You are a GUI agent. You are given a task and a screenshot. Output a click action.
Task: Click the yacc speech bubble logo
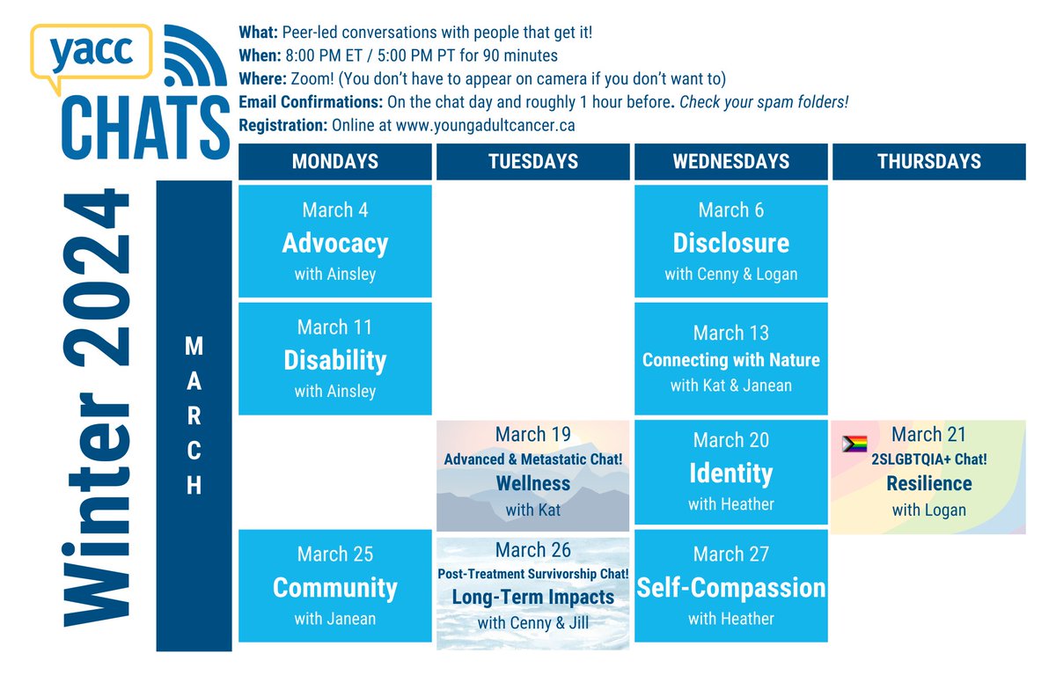click(x=91, y=55)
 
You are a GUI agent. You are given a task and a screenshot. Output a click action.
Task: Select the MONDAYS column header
click(x=335, y=162)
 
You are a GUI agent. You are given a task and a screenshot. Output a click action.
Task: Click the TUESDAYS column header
click(x=533, y=162)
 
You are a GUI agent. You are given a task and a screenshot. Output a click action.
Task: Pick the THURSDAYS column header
click(x=928, y=162)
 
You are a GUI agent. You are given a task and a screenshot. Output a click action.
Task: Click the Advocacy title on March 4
click(x=335, y=243)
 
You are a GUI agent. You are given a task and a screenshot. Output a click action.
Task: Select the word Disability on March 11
click(x=335, y=360)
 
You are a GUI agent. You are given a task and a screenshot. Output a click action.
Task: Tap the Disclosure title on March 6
click(x=731, y=243)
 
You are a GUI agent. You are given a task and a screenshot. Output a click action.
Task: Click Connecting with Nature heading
click(x=731, y=360)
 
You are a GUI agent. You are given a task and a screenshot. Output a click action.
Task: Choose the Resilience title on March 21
click(x=928, y=483)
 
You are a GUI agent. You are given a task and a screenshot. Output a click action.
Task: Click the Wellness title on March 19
click(x=533, y=483)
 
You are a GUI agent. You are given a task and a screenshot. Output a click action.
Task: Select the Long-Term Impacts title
click(x=533, y=597)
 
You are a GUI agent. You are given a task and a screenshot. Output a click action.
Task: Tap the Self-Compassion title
click(x=731, y=588)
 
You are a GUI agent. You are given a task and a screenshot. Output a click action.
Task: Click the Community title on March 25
click(x=335, y=588)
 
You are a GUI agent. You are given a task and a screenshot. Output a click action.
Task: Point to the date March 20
click(x=731, y=439)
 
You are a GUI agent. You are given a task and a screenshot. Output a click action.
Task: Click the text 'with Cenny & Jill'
click(x=533, y=623)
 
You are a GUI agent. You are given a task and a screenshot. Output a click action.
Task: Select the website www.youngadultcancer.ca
click(x=486, y=125)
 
